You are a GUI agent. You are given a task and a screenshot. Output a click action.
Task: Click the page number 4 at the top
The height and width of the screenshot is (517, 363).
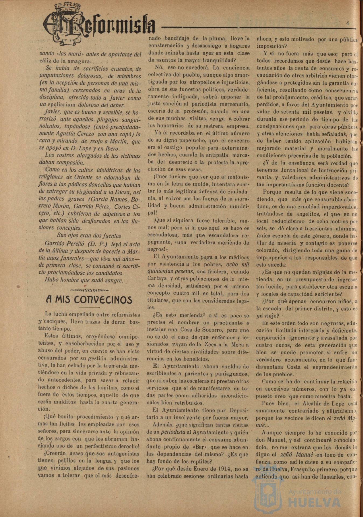[348, 23]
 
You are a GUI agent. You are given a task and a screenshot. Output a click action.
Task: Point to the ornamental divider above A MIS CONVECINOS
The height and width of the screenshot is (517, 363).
[89, 290]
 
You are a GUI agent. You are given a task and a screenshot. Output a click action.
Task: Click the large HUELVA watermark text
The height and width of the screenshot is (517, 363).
[315, 502]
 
